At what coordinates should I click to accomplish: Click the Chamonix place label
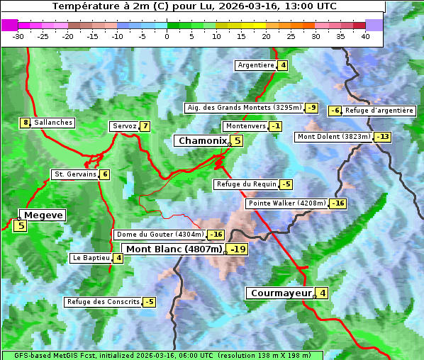tap(202, 141)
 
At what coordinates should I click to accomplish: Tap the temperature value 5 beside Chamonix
tap(238, 141)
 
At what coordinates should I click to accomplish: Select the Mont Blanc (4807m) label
tap(174, 249)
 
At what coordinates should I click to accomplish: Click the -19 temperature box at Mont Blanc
tap(238, 249)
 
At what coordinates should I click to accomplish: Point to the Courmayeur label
tap(281, 293)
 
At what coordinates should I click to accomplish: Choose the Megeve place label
tap(43, 215)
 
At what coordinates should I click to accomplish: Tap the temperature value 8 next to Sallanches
tap(26, 123)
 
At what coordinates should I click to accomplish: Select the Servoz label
tap(124, 126)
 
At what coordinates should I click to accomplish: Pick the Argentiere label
tap(256, 65)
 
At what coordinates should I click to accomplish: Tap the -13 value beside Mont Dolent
tap(383, 137)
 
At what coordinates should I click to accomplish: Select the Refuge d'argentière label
tap(379, 111)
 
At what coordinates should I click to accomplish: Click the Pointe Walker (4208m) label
tap(286, 203)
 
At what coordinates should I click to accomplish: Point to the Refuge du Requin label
tap(246, 184)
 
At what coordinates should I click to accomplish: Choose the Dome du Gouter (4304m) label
tap(160, 235)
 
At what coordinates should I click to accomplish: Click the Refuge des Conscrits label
tap(103, 302)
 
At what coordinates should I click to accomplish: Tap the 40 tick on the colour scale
tap(365, 36)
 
